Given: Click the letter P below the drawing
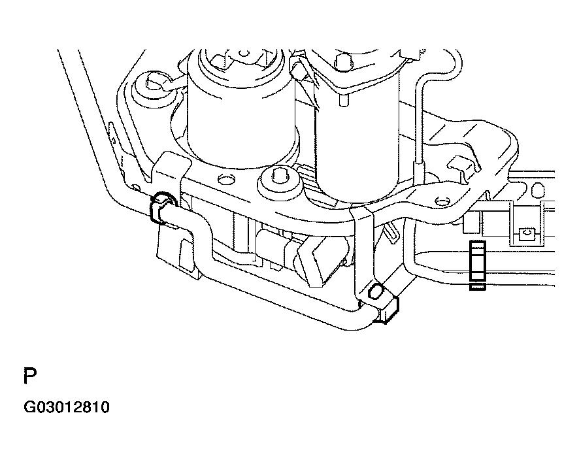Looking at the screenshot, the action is point(30,377).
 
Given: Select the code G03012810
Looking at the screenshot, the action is point(67,408).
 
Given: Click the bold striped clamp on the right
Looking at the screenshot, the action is point(478,265).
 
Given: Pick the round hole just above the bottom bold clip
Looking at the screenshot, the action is point(376,291).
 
